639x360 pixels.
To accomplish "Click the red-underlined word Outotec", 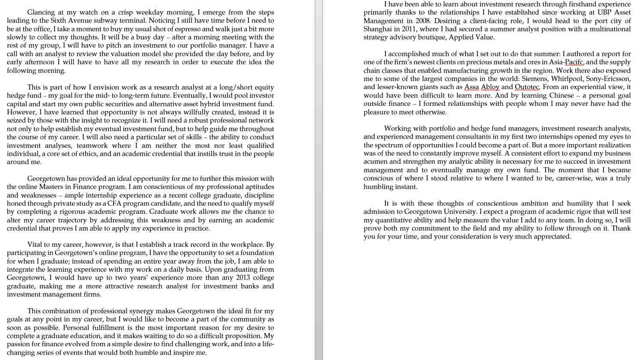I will tap(527, 87).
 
